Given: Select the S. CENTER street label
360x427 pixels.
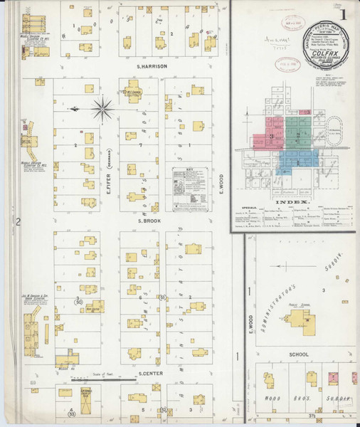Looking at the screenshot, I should coord(152,374).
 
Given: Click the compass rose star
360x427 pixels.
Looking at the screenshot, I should coord(103,108).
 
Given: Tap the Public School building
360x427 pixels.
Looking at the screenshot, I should coord(302,322).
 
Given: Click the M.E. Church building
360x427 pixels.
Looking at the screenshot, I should coord(133,93).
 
